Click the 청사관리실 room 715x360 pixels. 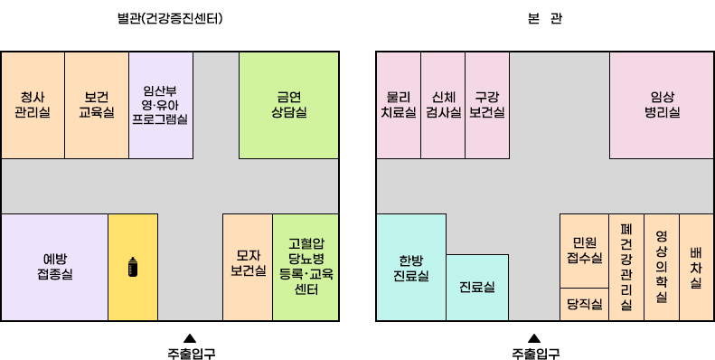(x=33, y=105)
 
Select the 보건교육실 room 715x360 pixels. (x=96, y=105)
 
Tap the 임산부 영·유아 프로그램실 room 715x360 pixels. (x=160, y=105)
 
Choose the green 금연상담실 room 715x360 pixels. (x=288, y=105)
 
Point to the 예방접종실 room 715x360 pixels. (x=55, y=266)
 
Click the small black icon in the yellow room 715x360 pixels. (x=133, y=267)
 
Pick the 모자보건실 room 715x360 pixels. (x=248, y=266)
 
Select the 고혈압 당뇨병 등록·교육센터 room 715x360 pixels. (x=306, y=266)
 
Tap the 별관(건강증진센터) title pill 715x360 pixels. (x=170, y=18)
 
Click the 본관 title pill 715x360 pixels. (x=543, y=18)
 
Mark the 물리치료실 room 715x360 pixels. (x=398, y=105)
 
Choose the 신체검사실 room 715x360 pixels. (x=443, y=105)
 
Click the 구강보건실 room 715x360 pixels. (x=487, y=105)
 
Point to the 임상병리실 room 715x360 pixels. (x=662, y=105)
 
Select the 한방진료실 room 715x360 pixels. (x=410, y=266)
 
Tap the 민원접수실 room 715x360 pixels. (x=584, y=250)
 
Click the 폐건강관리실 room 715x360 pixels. (x=626, y=266)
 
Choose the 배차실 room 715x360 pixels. (x=695, y=266)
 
